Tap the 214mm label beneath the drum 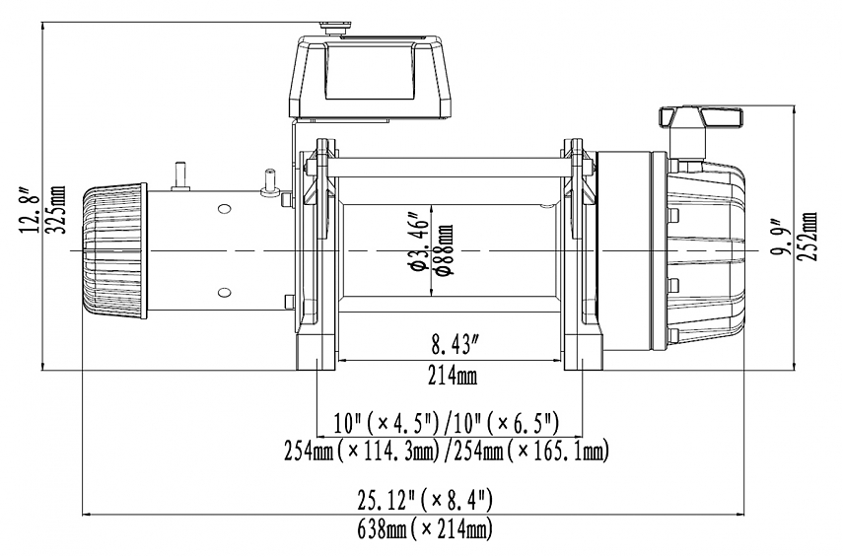coord(454,379)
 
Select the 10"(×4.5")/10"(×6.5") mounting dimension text coord(447,424)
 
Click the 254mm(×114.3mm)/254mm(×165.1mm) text coord(447,452)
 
